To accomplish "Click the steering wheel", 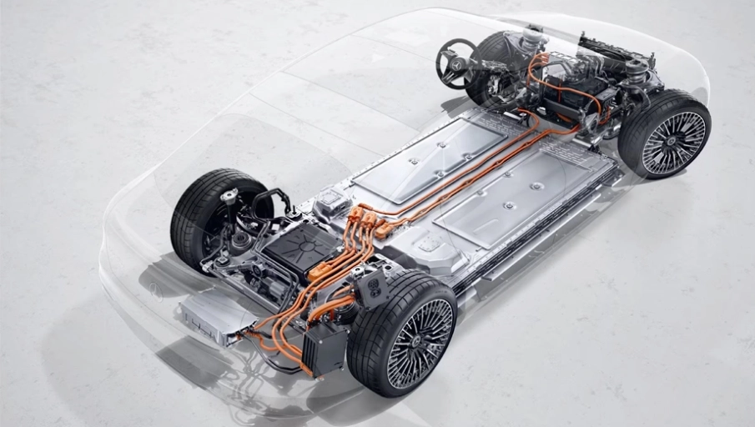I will click(455, 63).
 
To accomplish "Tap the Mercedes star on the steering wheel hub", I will click(455, 63).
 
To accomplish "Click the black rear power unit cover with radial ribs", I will click(301, 245).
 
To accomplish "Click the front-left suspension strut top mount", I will click(531, 38).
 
